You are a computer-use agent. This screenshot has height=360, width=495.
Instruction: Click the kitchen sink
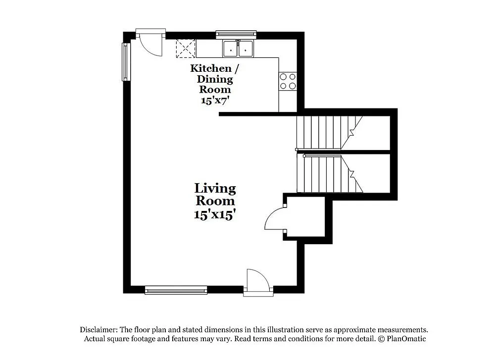point(238,49)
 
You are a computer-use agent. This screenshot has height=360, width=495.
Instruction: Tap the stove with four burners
point(288,81)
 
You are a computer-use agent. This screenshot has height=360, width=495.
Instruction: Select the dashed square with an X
point(186,48)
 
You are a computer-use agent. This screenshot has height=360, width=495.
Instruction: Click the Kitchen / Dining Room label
point(211,79)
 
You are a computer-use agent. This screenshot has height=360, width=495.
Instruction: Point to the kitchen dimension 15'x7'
point(214,100)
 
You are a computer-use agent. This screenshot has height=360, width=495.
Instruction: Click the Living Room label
point(215,195)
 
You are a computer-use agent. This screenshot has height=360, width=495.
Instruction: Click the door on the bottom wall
point(257,282)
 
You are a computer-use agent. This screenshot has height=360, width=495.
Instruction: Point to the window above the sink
point(236,34)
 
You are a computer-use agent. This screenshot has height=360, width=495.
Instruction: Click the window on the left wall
point(125,61)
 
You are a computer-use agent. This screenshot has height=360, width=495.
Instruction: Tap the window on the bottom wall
point(176,290)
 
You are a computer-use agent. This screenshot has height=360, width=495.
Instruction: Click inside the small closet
point(305,217)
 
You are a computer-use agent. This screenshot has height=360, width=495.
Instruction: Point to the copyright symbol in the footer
point(381,339)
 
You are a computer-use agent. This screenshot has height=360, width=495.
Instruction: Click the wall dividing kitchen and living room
point(257,114)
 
